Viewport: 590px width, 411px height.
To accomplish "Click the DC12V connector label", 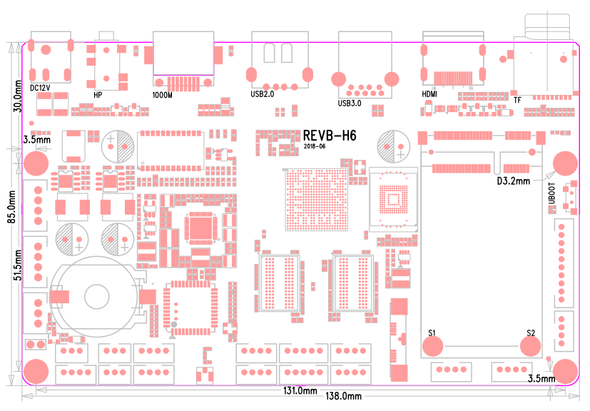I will click(41, 87).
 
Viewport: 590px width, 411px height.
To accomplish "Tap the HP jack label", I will click(98, 94).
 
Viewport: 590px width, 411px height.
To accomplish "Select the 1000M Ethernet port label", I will click(163, 94).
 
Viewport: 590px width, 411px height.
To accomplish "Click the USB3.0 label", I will click(350, 103).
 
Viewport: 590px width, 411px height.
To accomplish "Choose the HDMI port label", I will click(429, 93).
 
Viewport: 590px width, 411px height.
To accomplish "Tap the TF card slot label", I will click(517, 101).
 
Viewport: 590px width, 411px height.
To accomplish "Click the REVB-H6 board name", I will click(329, 136).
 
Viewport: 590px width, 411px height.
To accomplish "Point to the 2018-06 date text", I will click(314, 146).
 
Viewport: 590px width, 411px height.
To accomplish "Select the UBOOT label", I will click(551, 192).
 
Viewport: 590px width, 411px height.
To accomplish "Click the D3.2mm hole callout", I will click(513, 181).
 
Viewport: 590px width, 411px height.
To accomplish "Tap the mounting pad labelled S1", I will click(432, 345).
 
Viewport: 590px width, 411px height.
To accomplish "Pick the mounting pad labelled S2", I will click(530, 345).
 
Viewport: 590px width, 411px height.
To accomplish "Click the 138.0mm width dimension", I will click(343, 396).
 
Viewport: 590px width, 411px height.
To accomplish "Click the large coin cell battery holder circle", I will click(94, 295).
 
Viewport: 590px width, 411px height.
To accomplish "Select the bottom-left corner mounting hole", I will click(36, 371).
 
